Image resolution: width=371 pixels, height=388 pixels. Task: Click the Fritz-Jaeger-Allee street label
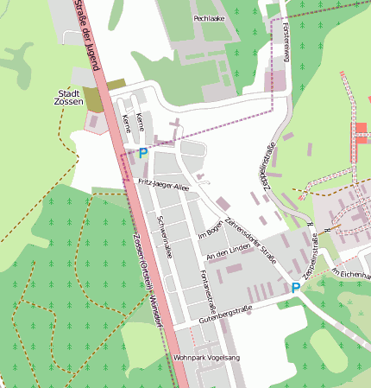(163, 185)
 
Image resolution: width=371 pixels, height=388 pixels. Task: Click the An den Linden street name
(227, 254)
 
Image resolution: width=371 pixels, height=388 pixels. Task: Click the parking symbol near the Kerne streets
(143, 153)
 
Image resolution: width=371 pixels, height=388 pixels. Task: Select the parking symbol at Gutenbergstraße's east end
(295, 288)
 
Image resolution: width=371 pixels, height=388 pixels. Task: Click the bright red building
(359, 133)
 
